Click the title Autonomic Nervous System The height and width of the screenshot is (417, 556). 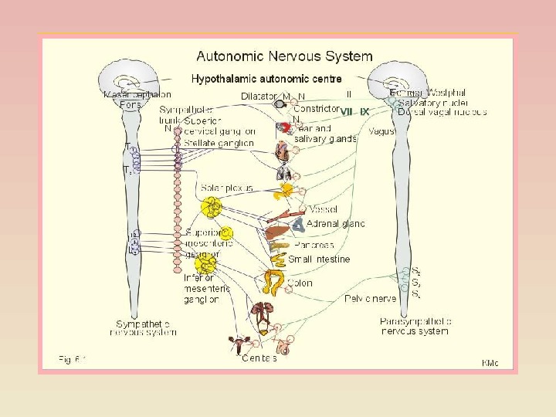point(284,57)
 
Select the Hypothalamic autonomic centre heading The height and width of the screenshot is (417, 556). point(266,79)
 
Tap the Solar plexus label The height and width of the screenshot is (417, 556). point(223,188)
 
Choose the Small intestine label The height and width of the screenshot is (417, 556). point(319,259)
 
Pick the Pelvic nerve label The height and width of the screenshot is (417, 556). point(371,298)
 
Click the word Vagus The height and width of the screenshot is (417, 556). point(382,132)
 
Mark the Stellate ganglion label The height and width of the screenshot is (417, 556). point(219,143)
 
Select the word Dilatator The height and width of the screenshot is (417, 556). point(259,97)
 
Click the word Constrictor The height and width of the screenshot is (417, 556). point(317,109)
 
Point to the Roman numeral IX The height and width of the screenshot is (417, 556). point(364,112)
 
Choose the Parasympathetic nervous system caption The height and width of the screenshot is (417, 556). point(416,326)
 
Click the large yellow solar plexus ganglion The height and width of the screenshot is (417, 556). point(211,207)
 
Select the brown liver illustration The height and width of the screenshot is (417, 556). point(276,232)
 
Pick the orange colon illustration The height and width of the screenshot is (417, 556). point(274,282)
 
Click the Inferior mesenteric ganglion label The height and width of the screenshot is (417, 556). point(207,288)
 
